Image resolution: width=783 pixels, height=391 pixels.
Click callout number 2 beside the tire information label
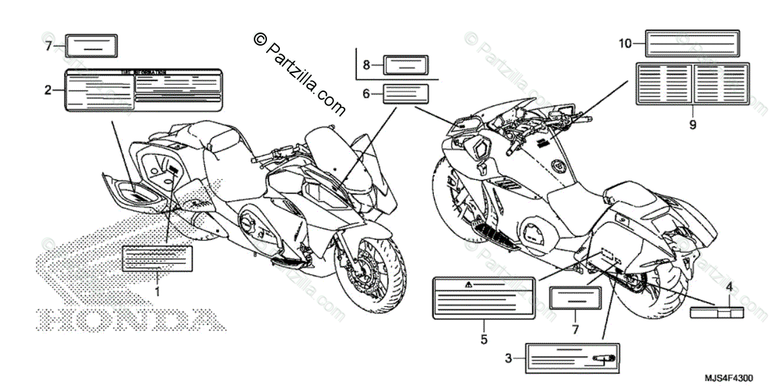click(x=48, y=90)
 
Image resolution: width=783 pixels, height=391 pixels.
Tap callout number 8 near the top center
click(x=366, y=65)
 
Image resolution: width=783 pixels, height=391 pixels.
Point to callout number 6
click(x=366, y=94)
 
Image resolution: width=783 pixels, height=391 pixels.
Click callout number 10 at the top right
click(x=625, y=44)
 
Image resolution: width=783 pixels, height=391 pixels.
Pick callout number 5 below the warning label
click(x=484, y=339)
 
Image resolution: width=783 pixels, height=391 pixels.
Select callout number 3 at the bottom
click(x=508, y=357)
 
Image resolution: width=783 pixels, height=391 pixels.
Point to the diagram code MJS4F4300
click(x=731, y=378)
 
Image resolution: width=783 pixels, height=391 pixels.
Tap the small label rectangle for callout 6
click(x=405, y=94)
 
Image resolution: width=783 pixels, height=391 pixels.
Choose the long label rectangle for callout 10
click(x=692, y=44)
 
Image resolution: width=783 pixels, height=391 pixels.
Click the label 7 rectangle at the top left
click(x=92, y=46)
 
